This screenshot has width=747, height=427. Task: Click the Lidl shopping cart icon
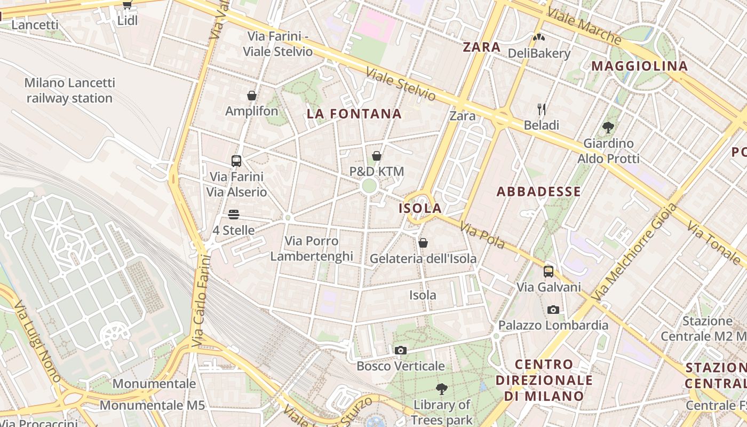(x=127, y=5)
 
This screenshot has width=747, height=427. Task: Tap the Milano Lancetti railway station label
(x=69, y=91)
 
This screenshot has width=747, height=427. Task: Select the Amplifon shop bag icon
(x=252, y=96)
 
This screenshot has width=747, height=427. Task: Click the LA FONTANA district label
(x=354, y=114)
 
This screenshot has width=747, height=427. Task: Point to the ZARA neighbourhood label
(x=482, y=47)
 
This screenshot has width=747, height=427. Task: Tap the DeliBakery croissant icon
(x=539, y=38)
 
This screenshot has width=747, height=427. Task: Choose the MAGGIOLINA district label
(x=640, y=66)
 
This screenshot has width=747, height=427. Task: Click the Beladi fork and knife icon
(x=542, y=110)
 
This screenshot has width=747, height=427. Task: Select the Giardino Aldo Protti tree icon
(x=608, y=128)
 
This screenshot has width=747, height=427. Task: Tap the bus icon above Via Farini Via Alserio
(x=236, y=161)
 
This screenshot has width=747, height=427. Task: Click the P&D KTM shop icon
(x=377, y=156)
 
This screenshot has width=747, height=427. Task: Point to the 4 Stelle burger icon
(x=234, y=215)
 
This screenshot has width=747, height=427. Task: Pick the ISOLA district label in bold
(x=420, y=208)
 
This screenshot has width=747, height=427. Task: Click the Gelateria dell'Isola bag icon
(x=423, y=243)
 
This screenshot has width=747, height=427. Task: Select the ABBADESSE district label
(x=539, y=192)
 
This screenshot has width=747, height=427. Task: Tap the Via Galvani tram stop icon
(x=549, y=272)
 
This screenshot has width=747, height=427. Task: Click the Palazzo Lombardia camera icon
(x=553, y=310)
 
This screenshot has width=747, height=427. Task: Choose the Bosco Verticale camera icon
(x=401, y=351)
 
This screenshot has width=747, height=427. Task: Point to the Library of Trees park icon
(x=442, y=389)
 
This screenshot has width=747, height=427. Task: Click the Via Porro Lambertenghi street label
(x=312, y=249)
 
